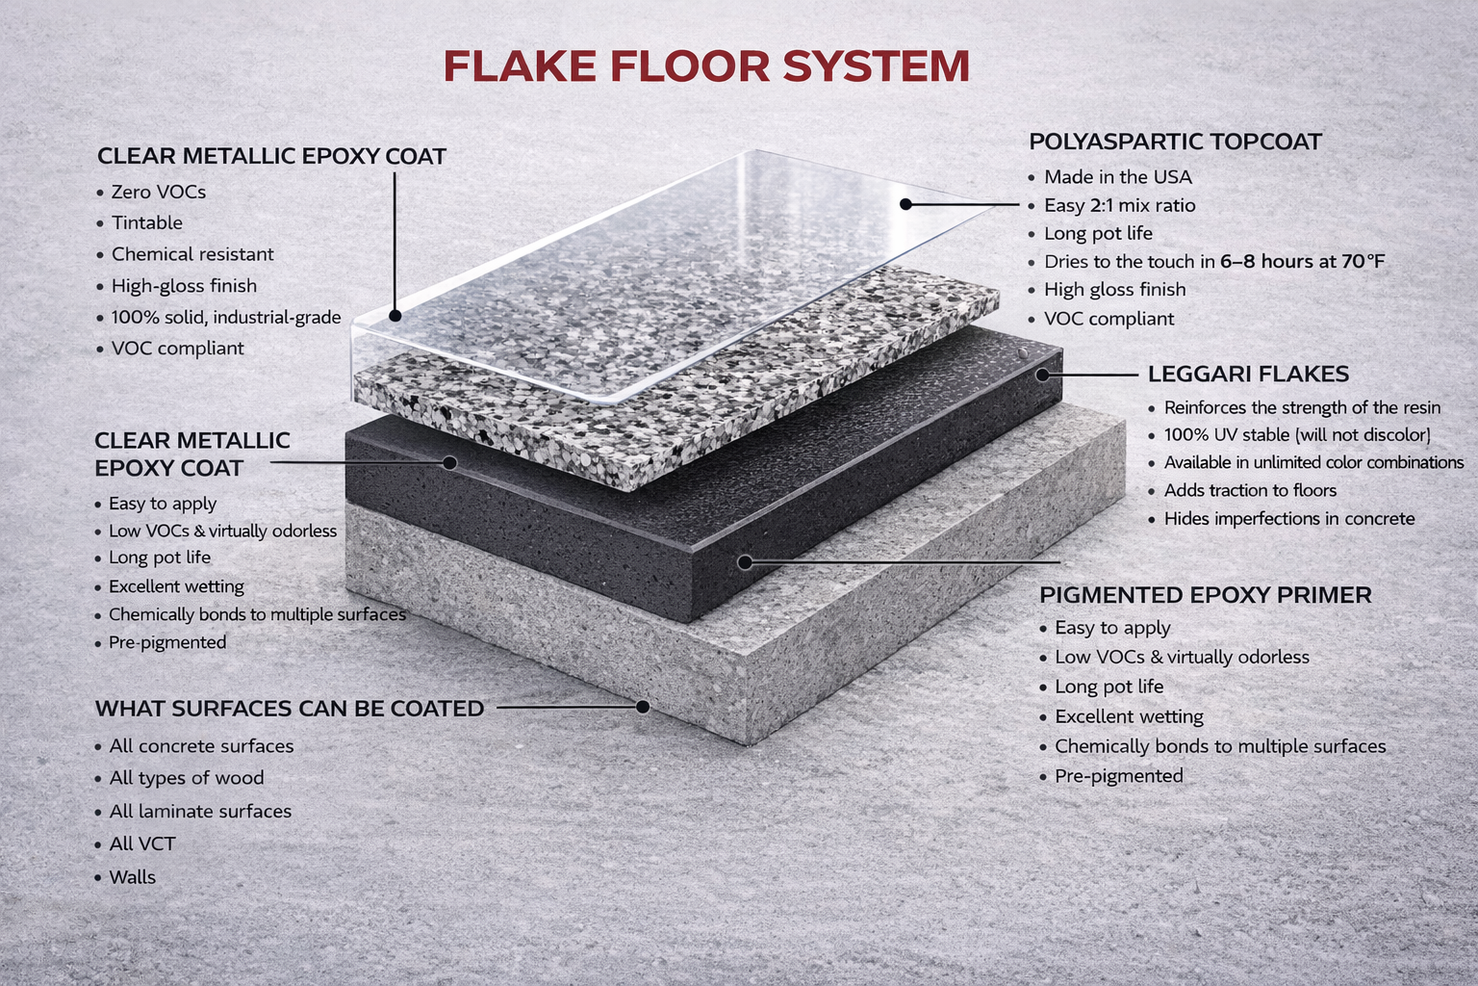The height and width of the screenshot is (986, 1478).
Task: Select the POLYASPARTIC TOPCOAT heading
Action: pos(1175,142)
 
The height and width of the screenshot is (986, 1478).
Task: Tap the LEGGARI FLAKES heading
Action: pos(1248,374)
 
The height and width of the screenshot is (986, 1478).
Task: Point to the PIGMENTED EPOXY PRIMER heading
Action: pos(1205,595)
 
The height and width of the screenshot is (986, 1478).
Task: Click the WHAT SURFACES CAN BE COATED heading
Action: pos(289,709)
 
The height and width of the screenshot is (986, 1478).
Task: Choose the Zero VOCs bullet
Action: pos(158,192)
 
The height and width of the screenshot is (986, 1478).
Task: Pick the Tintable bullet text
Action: pos(146,222)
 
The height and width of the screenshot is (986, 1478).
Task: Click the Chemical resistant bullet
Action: pos(192,254)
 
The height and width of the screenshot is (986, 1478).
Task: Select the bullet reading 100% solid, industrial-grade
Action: pos(225,317)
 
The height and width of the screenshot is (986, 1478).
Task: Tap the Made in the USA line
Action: pos(1117,177)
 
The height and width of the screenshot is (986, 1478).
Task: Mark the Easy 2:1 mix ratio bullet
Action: pos(1119,205)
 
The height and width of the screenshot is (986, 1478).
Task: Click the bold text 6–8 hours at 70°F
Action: pos(1302,261)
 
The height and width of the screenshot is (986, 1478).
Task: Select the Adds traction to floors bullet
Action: pos(1250,491)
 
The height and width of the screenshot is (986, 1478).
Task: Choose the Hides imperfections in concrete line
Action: pos(1288,519)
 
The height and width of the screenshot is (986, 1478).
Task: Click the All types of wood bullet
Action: pos(186,778)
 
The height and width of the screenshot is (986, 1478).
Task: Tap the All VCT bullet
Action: pos(142,844)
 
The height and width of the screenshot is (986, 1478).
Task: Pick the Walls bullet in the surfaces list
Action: pos(132,877)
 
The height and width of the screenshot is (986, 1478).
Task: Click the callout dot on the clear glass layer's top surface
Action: pos(905,204)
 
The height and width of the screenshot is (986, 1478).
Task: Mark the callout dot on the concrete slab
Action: pos(643,707)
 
